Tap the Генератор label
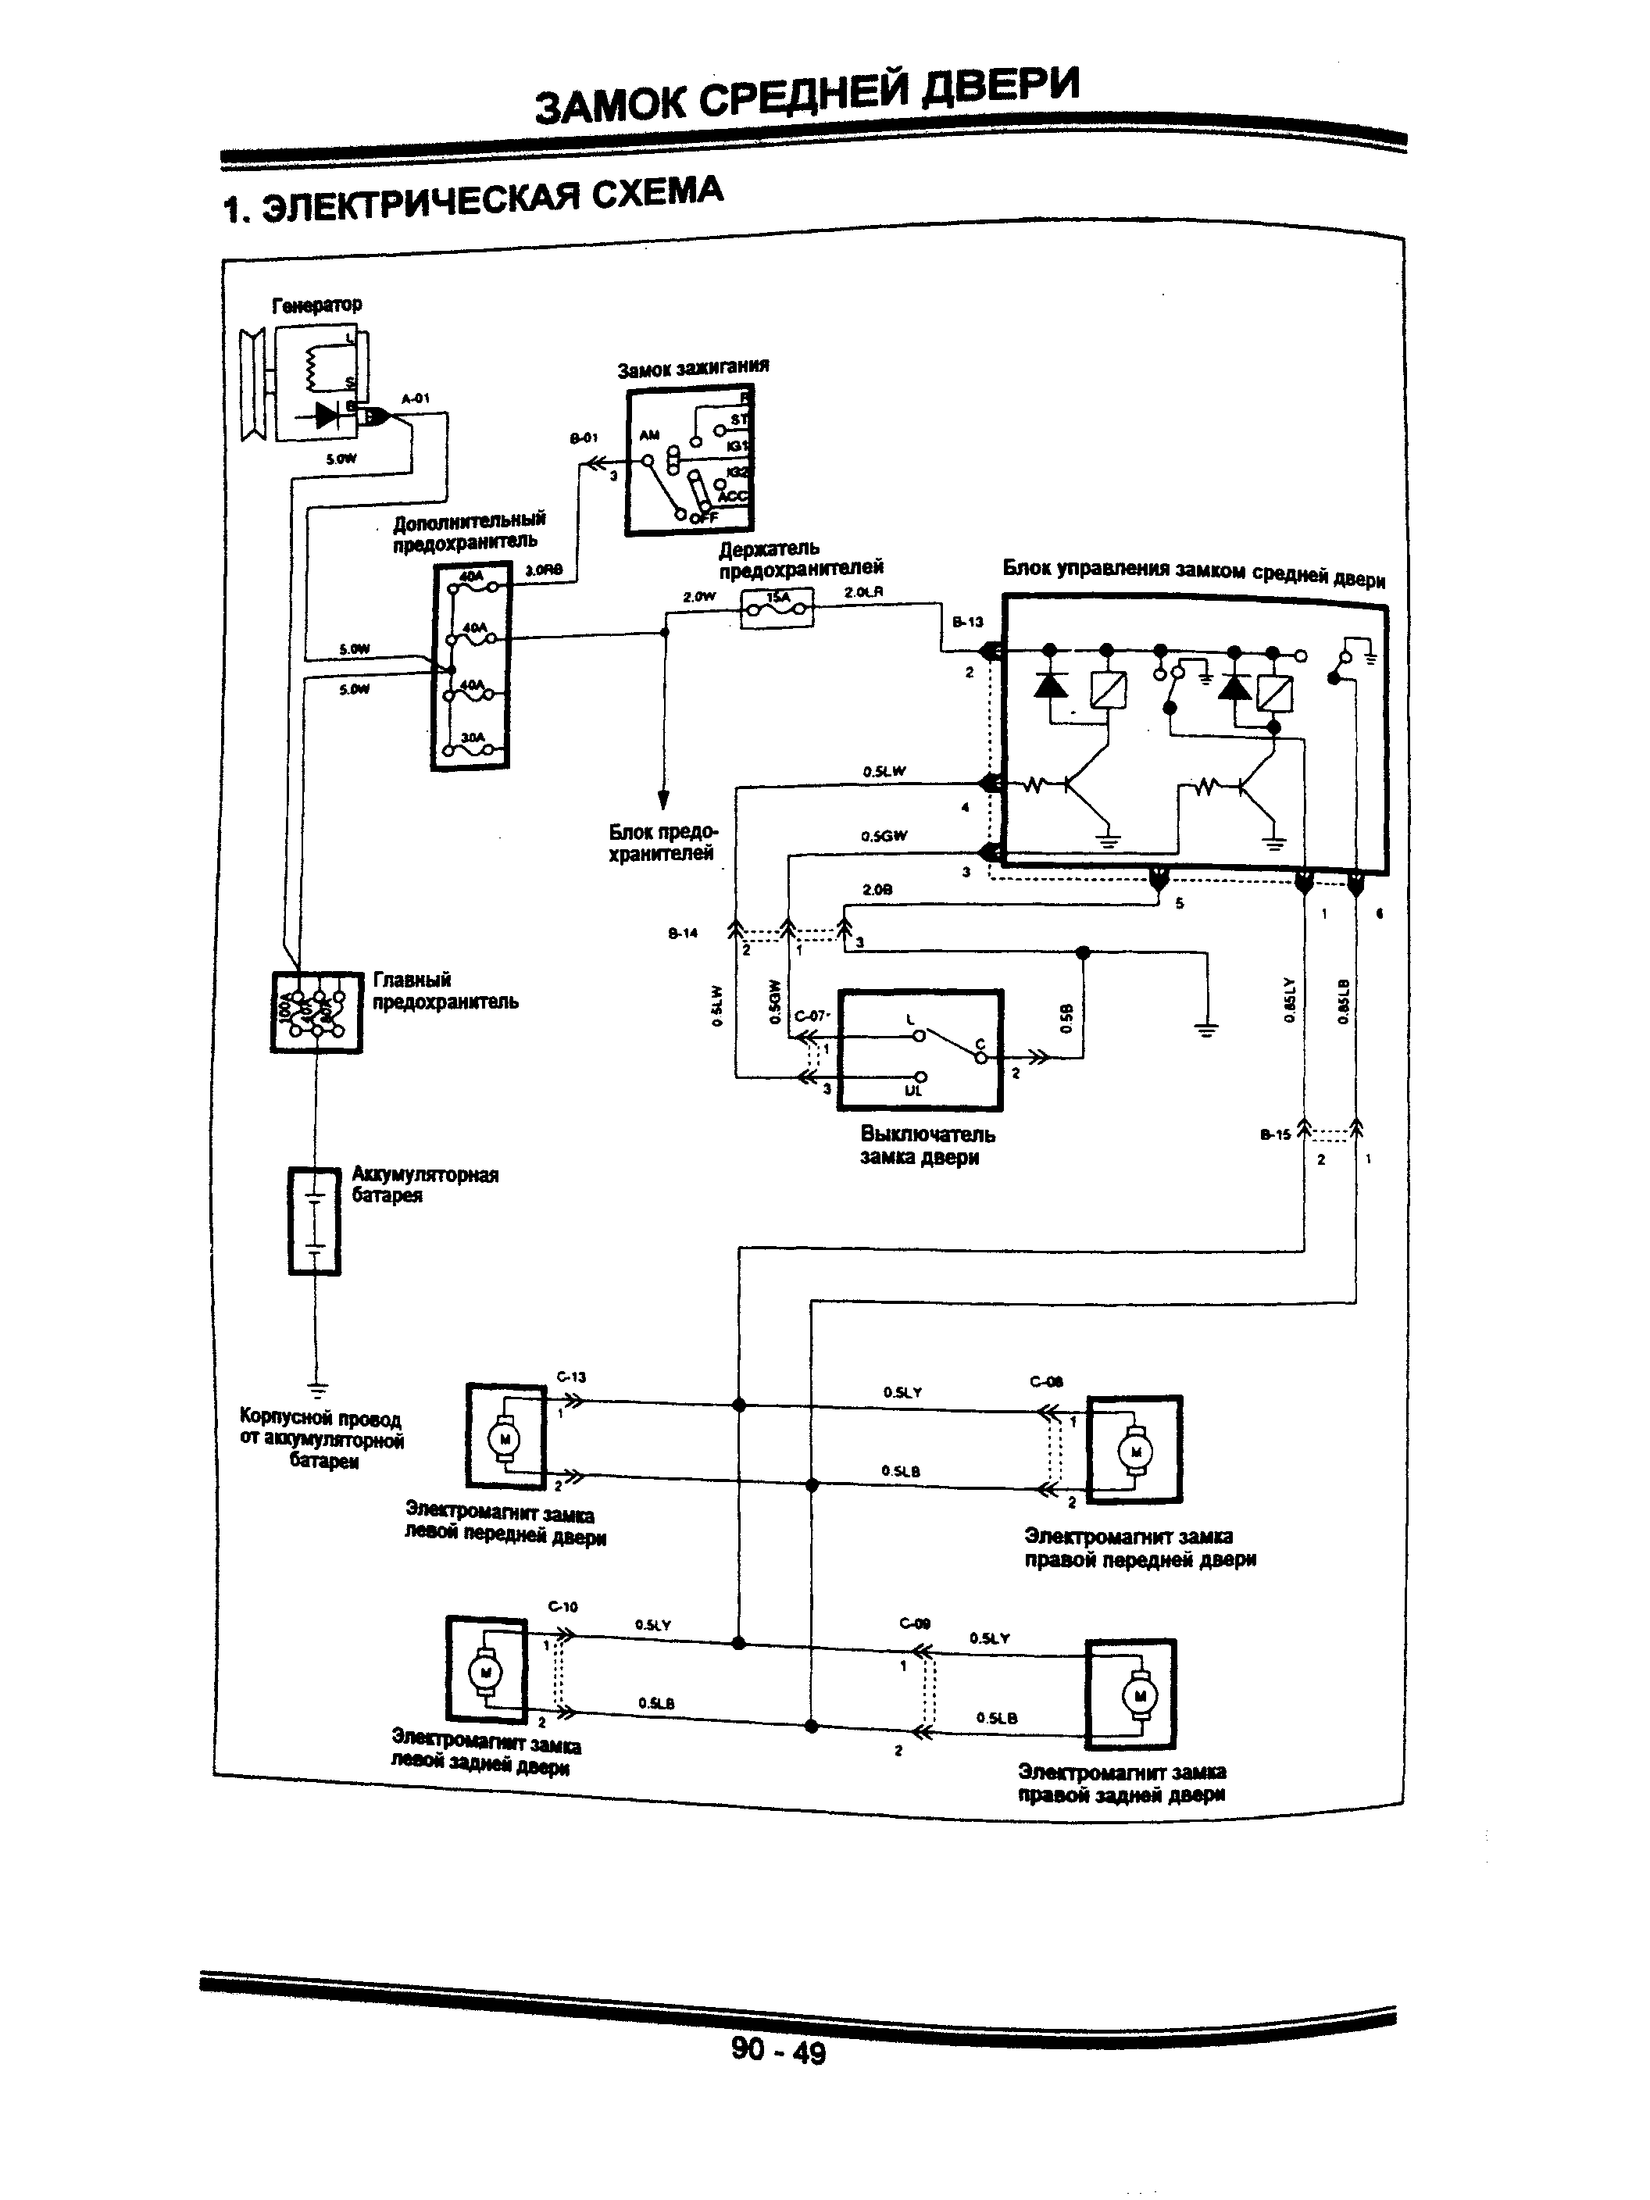316,305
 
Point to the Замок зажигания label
693,368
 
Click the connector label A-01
415,398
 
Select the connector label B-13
966,622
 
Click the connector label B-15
1274,1134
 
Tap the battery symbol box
314,1221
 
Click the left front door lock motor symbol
505,1437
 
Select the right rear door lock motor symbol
1130,1695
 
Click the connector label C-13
571,1377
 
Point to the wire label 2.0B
877,890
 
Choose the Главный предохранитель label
445,991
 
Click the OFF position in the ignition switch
703,517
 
